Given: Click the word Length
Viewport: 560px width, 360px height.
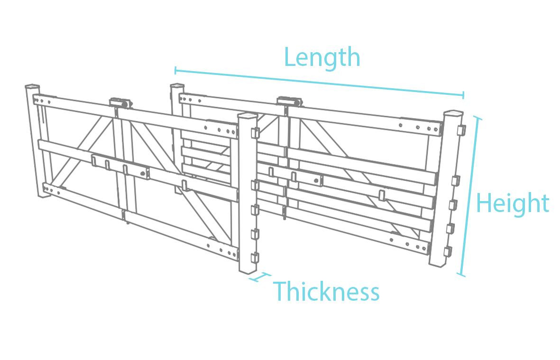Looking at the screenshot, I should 322,58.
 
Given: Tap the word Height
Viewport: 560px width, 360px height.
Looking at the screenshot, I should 512,203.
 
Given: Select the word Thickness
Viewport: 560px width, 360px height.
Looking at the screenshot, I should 326,291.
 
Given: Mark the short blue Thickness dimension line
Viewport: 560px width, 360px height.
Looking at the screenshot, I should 259,277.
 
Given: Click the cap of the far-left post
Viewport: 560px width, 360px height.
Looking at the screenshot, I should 32,88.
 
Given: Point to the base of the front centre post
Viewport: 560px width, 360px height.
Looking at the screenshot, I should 247,270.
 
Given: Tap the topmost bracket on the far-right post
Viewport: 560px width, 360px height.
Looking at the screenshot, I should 459,130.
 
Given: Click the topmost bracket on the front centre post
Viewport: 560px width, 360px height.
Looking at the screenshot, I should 255,132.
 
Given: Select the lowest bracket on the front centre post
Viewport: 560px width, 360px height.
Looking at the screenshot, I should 255,258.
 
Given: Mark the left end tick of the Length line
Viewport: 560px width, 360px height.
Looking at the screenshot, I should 175,71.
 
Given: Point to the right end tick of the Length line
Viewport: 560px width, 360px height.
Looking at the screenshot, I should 463,95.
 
